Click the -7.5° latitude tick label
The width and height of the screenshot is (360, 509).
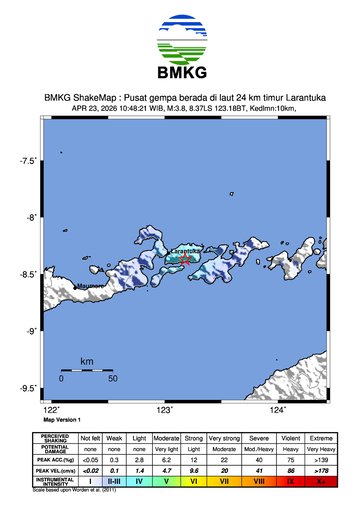tap(29, 160)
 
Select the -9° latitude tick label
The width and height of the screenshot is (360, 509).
tap(31, 331)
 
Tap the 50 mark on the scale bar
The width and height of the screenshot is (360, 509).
tap(113, 379)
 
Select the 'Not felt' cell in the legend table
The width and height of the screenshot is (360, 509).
tap(91, 438)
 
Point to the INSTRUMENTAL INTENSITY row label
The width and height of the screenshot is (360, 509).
tap(55, 482)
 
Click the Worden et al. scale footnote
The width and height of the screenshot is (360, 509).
tap(80, 491)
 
